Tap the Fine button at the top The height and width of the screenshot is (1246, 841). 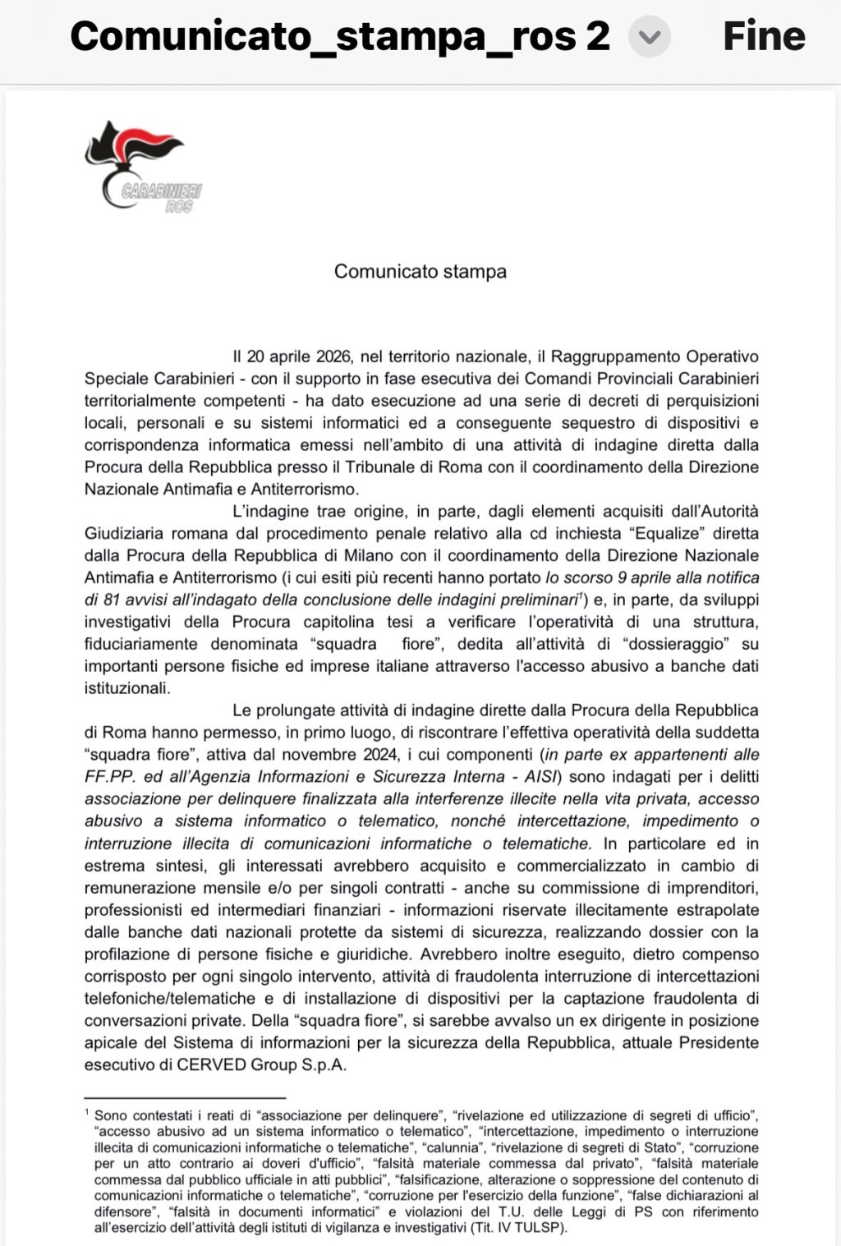763,36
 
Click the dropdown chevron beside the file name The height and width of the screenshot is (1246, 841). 649,38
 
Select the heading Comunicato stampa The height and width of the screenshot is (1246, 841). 420,272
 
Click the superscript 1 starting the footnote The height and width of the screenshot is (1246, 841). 87,1112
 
